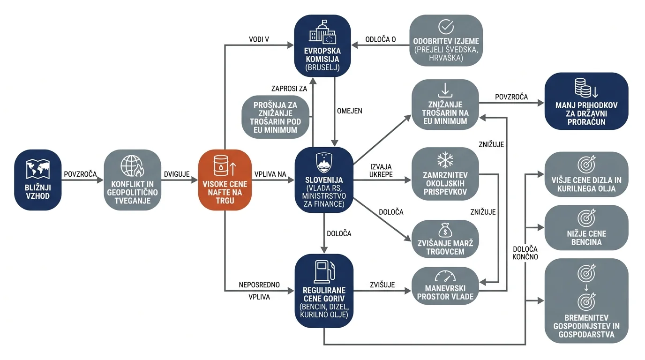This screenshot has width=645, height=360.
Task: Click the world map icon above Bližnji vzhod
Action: tap(37, 169)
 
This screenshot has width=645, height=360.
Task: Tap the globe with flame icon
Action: tap(132, 166)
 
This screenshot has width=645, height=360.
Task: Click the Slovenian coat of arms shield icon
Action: tap(324, 163)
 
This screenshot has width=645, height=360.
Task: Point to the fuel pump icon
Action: tap(324, 271)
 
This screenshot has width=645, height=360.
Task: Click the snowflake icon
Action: tap(445, 159)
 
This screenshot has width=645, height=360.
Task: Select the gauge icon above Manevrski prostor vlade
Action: tap(445, 276)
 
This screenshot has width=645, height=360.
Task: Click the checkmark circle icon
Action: tap(446, 27)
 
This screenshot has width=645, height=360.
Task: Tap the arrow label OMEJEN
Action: tap(350, 111)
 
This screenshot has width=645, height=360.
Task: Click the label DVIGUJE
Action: tap(177, 174)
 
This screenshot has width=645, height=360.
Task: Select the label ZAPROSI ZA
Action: tap(289, 89)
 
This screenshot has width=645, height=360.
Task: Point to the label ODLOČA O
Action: tap(380, 39)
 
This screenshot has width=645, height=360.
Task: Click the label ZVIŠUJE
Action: tap(382, 285)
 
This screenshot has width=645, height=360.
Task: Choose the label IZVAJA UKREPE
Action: tap(381, 171)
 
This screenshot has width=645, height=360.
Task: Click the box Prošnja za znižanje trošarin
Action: tap(275, 117)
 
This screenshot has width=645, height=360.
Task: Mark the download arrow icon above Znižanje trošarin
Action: tap(445, 90)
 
